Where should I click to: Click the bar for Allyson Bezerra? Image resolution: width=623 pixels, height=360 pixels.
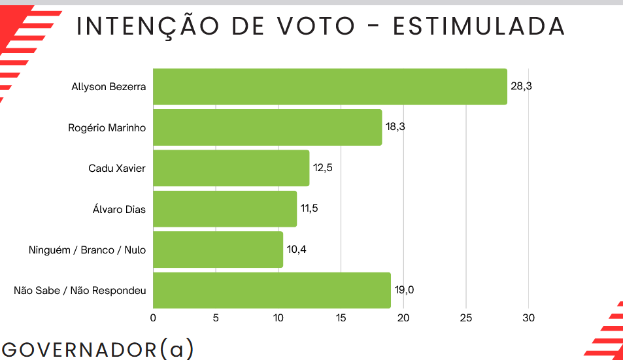click(329, 86)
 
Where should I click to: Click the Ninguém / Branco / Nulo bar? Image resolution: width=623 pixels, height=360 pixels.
click(218, 250)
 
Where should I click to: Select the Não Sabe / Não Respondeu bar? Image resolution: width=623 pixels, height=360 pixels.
click(271, 290)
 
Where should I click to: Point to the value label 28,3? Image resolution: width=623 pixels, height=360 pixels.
click(521, 86)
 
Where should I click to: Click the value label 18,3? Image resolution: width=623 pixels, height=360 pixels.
click(396, 127)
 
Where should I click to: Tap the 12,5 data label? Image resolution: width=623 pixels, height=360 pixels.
click(323, 168)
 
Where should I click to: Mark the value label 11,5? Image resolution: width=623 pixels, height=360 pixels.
click(310, 209)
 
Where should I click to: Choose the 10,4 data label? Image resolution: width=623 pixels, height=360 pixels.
click(296, 250)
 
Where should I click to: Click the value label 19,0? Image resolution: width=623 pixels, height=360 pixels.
click(404, 290)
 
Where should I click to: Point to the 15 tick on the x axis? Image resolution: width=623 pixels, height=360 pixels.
click(341, 318)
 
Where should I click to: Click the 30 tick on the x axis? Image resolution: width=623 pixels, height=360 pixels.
click(528, 318)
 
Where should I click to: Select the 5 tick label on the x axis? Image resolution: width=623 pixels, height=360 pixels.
click(216, 318)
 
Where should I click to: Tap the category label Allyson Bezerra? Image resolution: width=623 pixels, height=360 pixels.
click(109, 87)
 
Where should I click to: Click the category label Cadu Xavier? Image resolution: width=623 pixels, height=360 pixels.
click(117, 169)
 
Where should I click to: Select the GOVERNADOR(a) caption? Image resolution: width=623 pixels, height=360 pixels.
click(97, 348)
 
